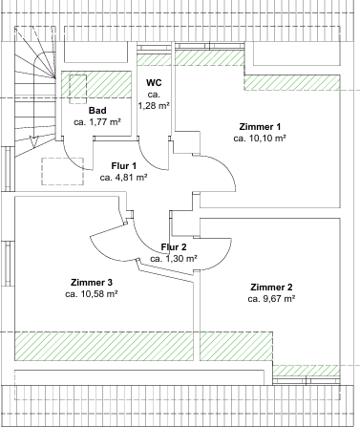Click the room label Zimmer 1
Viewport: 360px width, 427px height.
pyautogui.click(x=260, y=127)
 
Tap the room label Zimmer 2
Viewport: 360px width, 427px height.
pyautogui.click(x=271, y=288)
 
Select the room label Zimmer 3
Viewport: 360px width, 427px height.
pyautogui.click(x=92, y=283)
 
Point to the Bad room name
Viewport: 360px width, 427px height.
pyautogui.click(x=97, y=111)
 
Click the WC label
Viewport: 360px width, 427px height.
pyautogui.click(x=154, y=83)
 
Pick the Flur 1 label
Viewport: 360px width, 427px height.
pyautogui.click(x=124, y=166)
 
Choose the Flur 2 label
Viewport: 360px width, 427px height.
pyautogui.click(x=174, y=247)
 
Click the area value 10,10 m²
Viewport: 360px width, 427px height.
pyautogui.click(x=266, y=139)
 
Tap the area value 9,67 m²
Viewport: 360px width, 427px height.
pyautogui.click(x=279, y=299)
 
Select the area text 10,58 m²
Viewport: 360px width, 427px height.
pyautogui.click(x=99, y=294)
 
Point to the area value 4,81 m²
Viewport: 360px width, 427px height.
pyautogui.click(x=131, y=178)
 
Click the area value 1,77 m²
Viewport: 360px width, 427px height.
pyautogui.click(x=105, y=122)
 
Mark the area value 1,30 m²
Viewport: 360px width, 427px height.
pyautogui.click(x=181, y=259)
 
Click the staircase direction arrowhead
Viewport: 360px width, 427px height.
pyautogui.click(x=33, y=141)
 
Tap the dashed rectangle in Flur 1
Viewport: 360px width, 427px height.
pyautogui.click(x=62, y=171)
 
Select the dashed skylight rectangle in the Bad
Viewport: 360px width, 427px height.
pyautogui.click(x=78, y=89)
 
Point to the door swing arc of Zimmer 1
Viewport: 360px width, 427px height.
pyautogui.click(x=225, y=165)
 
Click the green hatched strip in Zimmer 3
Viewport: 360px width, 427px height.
pyautogui.click(x=104, y=346)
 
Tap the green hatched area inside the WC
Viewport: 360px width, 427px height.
pyautogui.click(x=154, y=60)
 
